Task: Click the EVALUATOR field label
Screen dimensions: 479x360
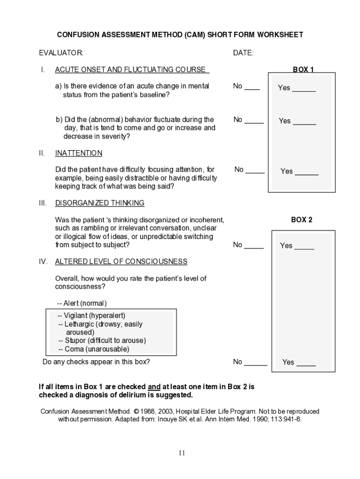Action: coord(61,53)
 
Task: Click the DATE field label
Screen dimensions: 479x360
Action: coord(243,53)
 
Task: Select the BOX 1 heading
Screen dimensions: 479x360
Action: coord(303,70)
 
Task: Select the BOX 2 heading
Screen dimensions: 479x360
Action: coord(302,219)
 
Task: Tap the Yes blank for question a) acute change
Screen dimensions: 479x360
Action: coord(304,88)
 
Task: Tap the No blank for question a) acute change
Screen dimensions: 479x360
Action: coord(252,87)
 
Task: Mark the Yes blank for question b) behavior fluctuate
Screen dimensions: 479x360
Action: coord(304,122)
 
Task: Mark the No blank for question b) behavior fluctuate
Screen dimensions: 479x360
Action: coord(254,120)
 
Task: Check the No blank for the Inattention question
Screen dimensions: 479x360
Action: coord(255,170)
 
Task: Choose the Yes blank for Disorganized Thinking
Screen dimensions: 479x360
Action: coord(304,246)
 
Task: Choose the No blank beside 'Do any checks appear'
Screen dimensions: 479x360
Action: coord(256,362)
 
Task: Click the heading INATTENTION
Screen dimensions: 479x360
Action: coord(79,153)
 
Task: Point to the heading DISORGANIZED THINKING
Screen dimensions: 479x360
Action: coord(100,203)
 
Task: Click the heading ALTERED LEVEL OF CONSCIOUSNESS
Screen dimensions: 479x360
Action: coord(121,261)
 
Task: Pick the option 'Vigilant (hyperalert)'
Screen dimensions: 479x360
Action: coord(92,316)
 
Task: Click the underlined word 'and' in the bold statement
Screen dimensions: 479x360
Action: coord(154,387)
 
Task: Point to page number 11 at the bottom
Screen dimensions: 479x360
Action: coord(181,453)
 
